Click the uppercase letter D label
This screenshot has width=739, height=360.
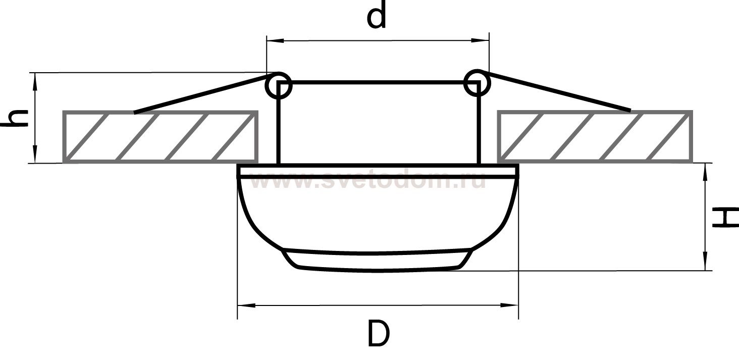[x=379, y=333]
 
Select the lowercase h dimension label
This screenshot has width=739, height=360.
[x=14, y=118]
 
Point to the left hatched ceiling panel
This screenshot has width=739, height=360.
[x=161, y=137]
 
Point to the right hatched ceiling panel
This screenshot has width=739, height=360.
[x=595, y=137]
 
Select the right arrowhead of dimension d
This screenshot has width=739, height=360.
[x=480, y=40]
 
